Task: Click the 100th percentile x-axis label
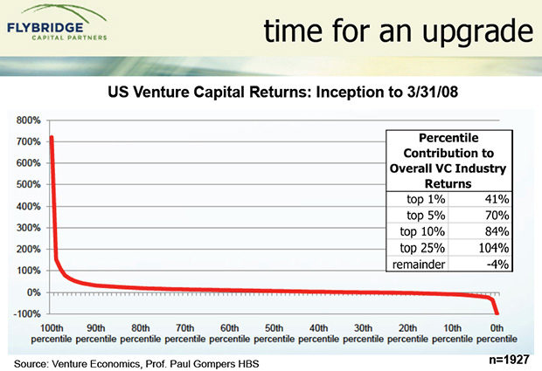tap(52, 332)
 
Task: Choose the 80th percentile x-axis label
tap(141, 332)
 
